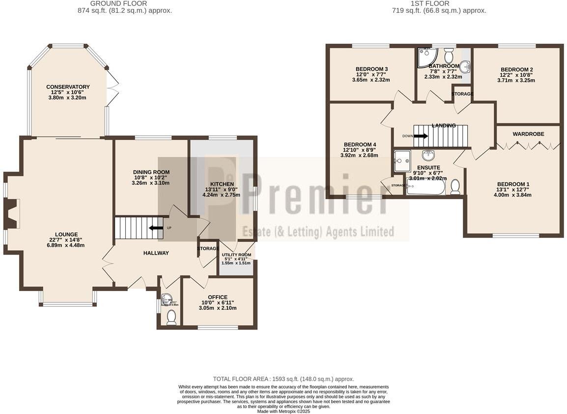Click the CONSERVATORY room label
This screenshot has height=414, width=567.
click(x=68, y=87)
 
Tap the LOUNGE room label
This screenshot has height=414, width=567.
click(x=66, y=235)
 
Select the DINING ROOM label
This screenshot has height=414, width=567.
click(x=150, y=172)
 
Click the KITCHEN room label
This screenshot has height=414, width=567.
click(x=221, y=184)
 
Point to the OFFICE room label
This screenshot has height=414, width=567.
click(x=217, y=297)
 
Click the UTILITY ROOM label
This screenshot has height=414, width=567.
click(x=236, y=255)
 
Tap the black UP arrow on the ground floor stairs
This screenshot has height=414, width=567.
click(x=156, y=228)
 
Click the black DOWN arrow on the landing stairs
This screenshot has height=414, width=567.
click(x=421, y=136)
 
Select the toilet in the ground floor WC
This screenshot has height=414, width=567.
click(x=171, y=317)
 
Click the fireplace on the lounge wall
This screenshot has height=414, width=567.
click(x=11, y=214)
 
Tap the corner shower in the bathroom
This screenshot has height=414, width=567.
click(x=424, y=58)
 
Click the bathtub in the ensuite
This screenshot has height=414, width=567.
click(x=425, y=187)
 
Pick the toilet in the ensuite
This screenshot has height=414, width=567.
click(x=455, y=186)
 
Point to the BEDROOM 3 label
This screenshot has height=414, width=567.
click(x=371, y=69)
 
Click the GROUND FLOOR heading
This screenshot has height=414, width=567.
click(x=118, y=3)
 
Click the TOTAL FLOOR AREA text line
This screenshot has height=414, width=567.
click(x=283, y=379)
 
